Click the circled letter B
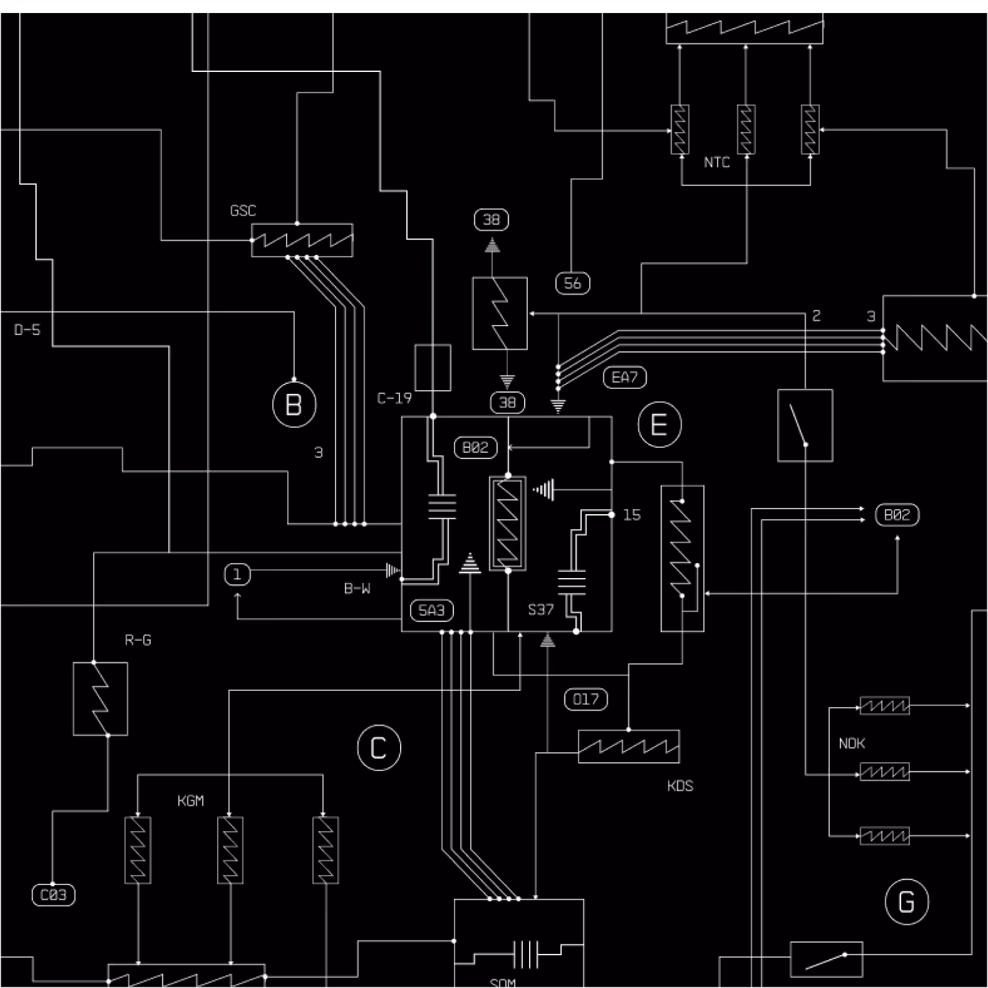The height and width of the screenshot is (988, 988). click(294, 405)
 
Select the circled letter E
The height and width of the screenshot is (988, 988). click(659, 425)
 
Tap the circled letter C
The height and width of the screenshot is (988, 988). click(379, 747)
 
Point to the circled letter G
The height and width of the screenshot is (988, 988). click(906, 902)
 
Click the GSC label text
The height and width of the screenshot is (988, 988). click(243, 211)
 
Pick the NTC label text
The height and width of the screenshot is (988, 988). click(716, 162)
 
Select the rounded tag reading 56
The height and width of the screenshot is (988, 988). click(572, 283)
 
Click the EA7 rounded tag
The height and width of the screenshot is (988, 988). click(625, 377)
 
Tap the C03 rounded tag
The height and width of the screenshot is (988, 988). click(53, 895)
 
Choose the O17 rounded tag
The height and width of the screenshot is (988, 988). click(585, 700)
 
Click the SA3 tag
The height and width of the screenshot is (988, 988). click(432, 610)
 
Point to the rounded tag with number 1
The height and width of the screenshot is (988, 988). click(237, 574)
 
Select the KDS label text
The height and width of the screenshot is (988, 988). click(680, 786)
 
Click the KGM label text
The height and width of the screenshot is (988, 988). click(190, 801)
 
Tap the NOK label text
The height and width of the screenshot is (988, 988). click(852, 744)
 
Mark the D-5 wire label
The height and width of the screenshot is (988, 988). click(27, 330)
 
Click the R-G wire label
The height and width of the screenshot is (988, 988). click(138, 640)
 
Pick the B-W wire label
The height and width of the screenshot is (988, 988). click(357, 589)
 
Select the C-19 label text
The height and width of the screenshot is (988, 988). click(394, 398)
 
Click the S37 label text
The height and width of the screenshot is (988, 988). click(541, 610)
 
